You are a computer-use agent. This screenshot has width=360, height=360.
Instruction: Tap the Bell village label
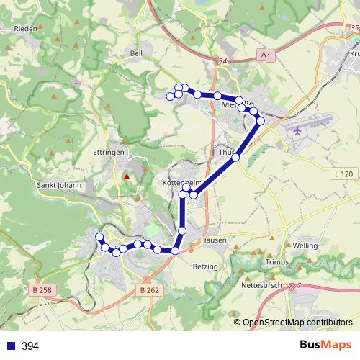pos(137,53)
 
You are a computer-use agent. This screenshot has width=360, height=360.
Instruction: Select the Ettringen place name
pos(111,153)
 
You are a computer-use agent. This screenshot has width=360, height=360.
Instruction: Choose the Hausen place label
pos(215,240)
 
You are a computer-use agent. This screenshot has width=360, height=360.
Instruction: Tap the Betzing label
pos(205,266)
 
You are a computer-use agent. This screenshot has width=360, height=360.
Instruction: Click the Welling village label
pos(305,246)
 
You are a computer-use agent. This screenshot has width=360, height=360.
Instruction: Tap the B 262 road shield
pos(148,289)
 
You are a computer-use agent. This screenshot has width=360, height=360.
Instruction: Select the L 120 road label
pos(344,174)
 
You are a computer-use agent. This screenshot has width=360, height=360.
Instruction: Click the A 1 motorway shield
pos(266,55)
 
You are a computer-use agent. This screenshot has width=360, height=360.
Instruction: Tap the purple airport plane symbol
pos(299,131)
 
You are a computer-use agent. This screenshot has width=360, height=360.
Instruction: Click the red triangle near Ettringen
pos(127,176)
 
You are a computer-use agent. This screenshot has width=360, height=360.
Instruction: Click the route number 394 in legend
pos(30,346)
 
